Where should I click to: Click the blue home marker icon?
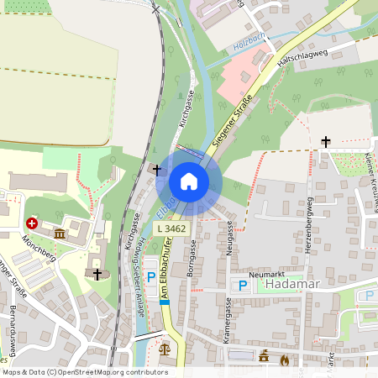point(189,181)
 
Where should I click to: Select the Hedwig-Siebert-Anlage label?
point(142,265)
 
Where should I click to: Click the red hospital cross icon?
point(32,223)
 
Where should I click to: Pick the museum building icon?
point(60,233)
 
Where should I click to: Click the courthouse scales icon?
point(164,344)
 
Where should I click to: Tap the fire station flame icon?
point(285,360)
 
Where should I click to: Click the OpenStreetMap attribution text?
point(84,372)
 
